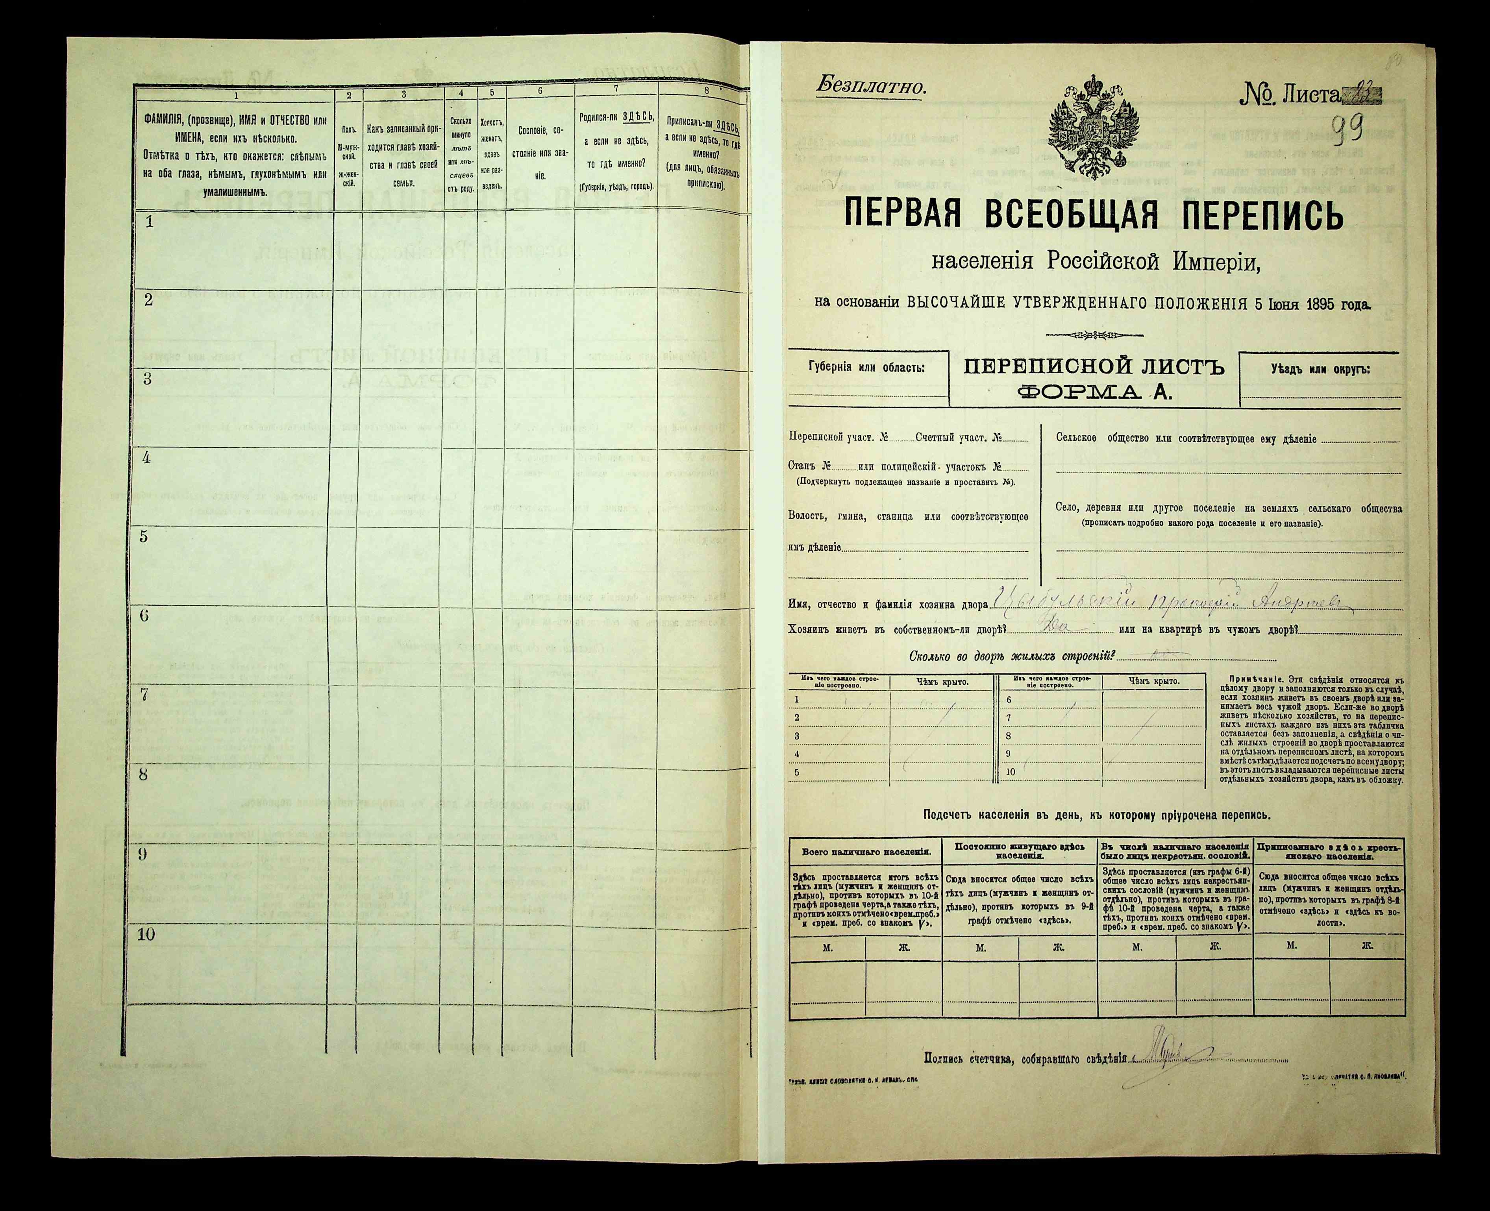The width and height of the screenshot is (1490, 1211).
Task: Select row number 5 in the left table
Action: click(144, 536)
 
